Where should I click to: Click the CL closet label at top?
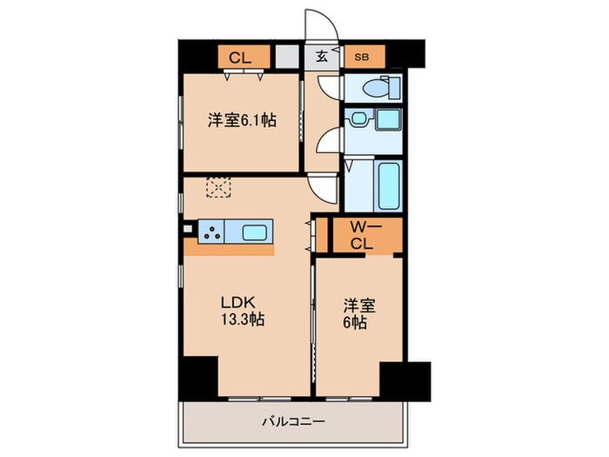tap(241, 58)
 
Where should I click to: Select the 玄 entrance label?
tap(321, 58)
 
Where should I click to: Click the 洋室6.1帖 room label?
tap(242, 122)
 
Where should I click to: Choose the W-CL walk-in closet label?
tap(361, 236)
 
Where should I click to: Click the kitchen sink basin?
tap(256, 232)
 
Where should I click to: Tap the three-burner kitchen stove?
tap(211, 232)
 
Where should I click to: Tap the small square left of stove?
tap(187, 230)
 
